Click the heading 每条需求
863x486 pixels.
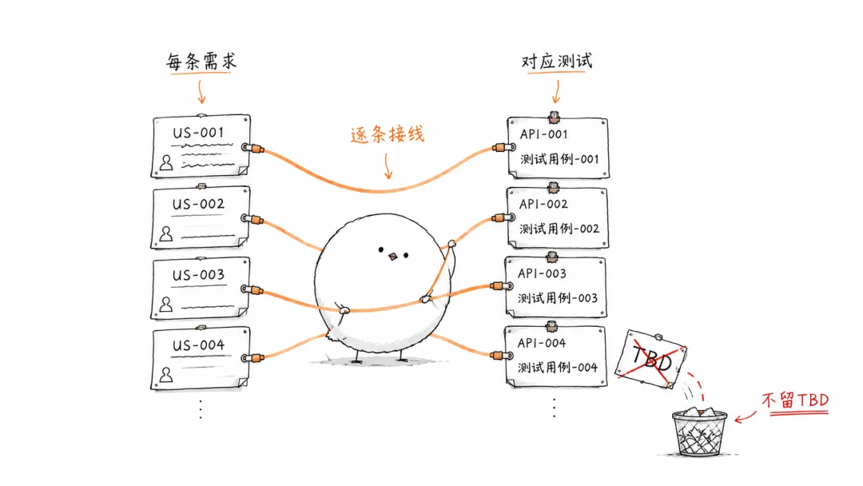pyautogui.click(x=201, y=61)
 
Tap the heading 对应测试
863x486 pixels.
pyautogui.click(x=556, y=61)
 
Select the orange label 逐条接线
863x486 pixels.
pyautogui.click(x=388, y=134)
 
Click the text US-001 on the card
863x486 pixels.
pyautogui.click(x=198, y=133)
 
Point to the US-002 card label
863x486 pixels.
pyautogui.click(x=198, y=204)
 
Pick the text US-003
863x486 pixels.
pyautogui.click(x=198, y=275)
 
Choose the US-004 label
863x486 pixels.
pyautogui.click(x=198, y=345)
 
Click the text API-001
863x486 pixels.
pyautogui.click(x=543, y=134)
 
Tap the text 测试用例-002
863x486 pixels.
pyautogui.click(x=559, y=229)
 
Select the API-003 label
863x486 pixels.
pyautogui.click(x=542, y=273)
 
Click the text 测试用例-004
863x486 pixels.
pyautogui.click(x=557, y=367)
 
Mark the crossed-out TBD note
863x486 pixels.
pyautogui.click(x=651, y=360)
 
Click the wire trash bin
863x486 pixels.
pyautogui.click(x=699, y=432)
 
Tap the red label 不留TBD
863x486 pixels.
pyautogui.click(x=795, y=400)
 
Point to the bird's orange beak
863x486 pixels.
pyautogui.click(x=393, y=257)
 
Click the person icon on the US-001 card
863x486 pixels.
pyautogui.click(x=166, y=162)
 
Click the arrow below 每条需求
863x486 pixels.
pyautogui.click(x=201, y=91)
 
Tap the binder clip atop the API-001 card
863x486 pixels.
pyautogui.click(x=555, y=116)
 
